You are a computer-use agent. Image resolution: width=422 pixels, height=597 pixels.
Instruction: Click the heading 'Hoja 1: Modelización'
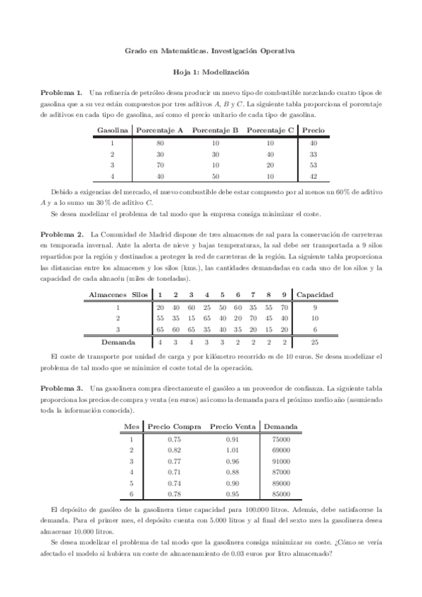tap(211, 72)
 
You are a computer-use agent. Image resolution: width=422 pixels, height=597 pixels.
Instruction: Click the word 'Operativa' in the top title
tap(276, 51)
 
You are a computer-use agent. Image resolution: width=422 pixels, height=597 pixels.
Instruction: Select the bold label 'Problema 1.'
tap(61, 92)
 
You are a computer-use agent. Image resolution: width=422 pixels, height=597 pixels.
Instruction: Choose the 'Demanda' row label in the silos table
tap(119, 342)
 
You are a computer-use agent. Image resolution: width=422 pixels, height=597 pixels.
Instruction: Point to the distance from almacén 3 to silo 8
tap(268, 329)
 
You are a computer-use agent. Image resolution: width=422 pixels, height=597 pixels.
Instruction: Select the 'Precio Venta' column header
tap(232, 427)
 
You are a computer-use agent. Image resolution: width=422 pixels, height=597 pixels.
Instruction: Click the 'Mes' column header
tap(131, 427)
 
